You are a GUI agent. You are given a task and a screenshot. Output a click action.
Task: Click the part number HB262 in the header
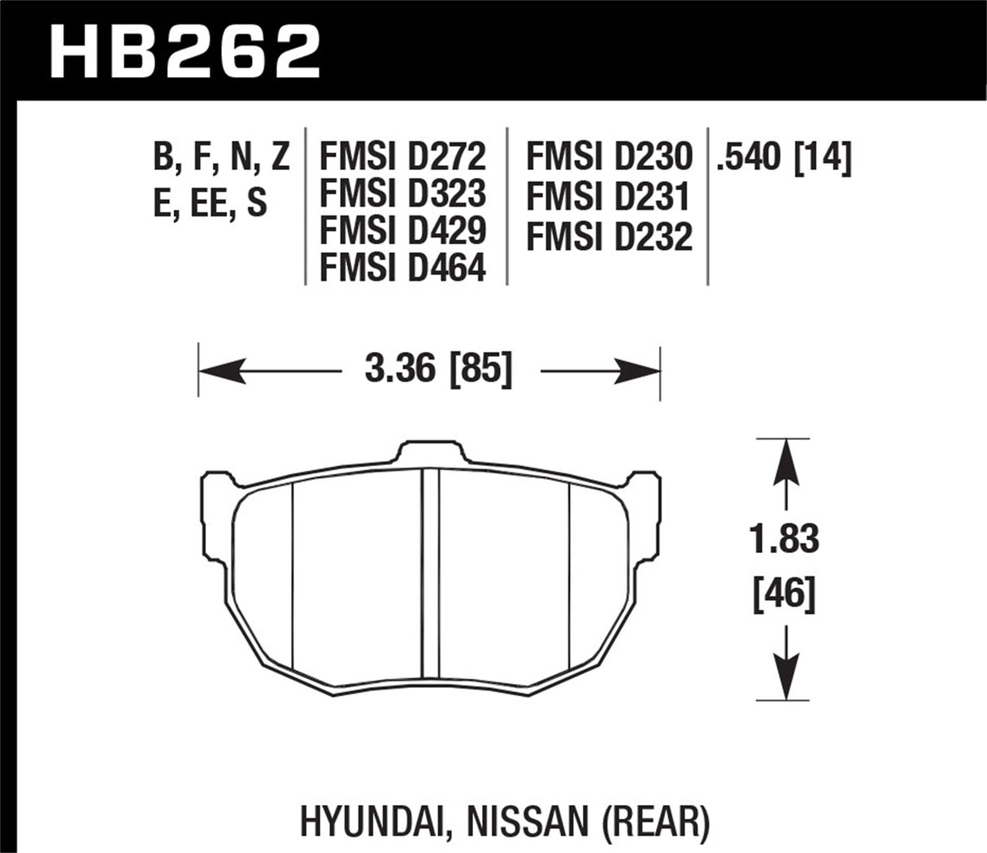(185, 50)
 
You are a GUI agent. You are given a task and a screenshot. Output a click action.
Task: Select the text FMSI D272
(402, 154)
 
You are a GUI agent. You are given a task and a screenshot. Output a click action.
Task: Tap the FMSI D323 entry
(402, 193)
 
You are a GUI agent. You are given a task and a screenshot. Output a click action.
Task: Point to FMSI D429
(402, 231)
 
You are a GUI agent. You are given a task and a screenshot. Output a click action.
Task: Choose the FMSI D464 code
(402, 268)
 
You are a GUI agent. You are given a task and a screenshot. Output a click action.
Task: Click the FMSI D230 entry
(609, 154)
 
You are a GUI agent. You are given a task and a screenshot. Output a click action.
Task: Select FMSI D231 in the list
(609, 197)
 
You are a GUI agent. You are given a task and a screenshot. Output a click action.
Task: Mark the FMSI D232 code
(609, 237)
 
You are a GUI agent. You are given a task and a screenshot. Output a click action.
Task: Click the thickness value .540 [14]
(783, 157)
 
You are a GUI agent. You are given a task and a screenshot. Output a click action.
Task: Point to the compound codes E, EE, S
(210, 202)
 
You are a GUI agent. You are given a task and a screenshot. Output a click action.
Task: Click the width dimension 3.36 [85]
(439, 372)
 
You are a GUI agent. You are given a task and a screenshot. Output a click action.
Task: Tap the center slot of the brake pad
(431, 573)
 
